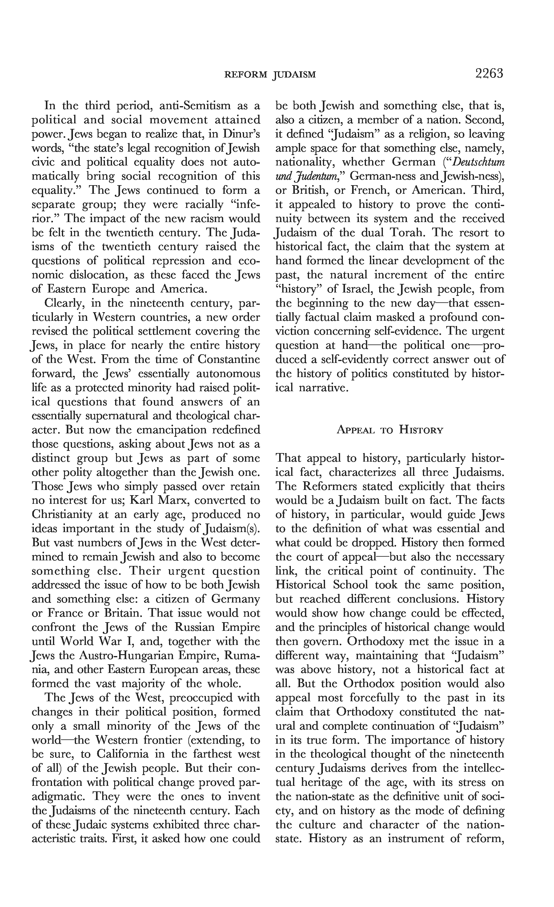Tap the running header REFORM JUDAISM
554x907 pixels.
point(270,75)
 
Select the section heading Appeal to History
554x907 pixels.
point(390,430)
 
